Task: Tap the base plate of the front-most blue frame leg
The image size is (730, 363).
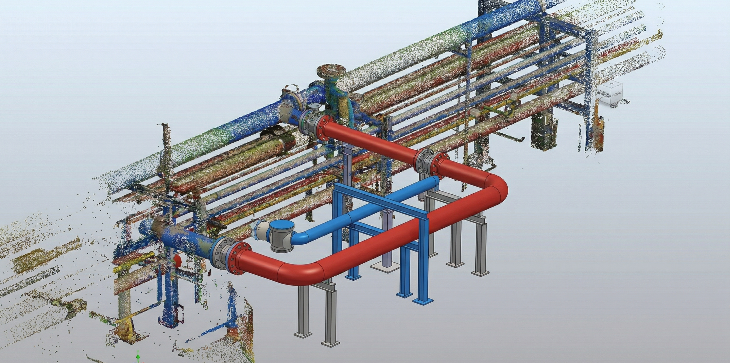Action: click(423, 301)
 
